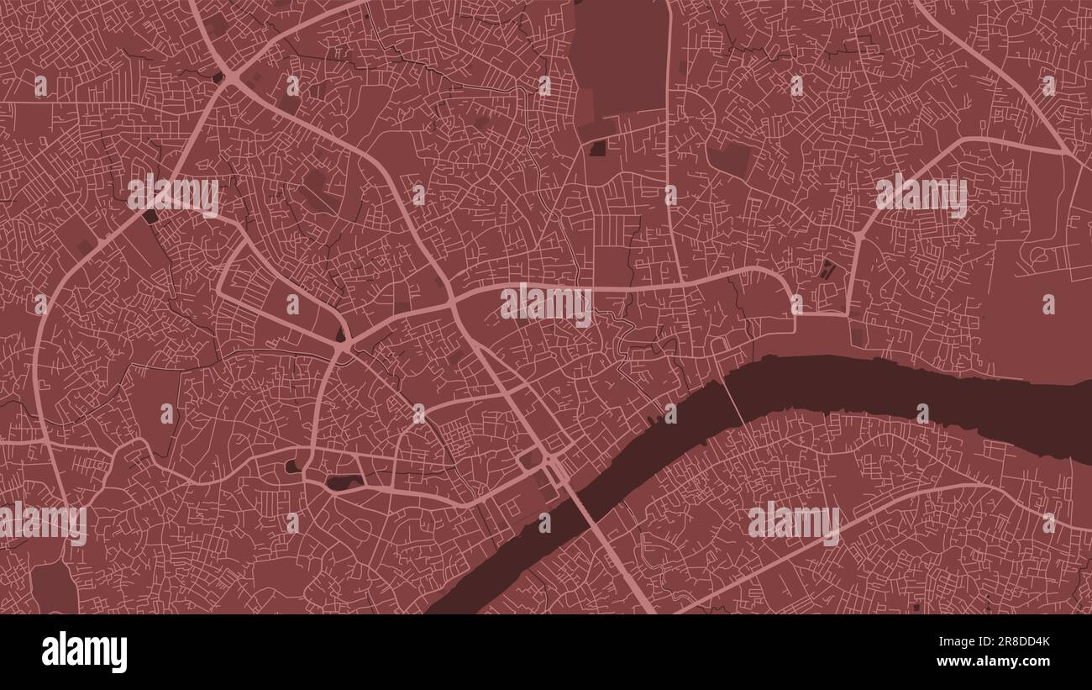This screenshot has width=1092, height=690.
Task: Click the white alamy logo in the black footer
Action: [x=85, y=653]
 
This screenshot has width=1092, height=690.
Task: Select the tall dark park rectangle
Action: [x=621, y=55]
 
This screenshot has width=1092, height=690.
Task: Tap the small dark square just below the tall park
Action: [x=598, y=149]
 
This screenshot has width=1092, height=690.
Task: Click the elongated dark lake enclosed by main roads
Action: [x=344, y=482]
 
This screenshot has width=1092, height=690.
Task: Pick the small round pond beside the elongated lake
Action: [x=293, y=465]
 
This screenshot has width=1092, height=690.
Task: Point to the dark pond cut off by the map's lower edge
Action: [x=55, y=588]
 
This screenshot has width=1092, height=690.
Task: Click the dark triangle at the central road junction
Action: [x=341, y=334]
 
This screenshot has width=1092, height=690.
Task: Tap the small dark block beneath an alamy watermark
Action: [x=150, y=216]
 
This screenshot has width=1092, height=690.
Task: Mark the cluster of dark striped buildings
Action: [x=828, y=271]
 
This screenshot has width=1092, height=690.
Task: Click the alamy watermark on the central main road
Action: [x=546, y=304]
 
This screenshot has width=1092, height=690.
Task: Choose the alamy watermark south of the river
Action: [x=793, y=522]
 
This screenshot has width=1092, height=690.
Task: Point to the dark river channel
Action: [x=882, y=391]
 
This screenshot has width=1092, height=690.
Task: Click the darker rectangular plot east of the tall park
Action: [x=728, y=158]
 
